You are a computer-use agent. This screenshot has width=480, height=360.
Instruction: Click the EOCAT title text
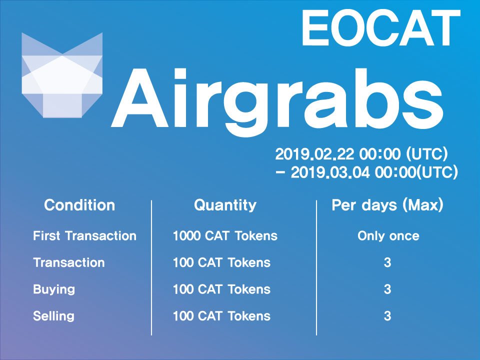381,28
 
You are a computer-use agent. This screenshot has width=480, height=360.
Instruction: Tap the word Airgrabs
277,100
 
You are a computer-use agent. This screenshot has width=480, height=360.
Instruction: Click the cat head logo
62,75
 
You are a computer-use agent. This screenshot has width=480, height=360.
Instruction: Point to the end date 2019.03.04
330,172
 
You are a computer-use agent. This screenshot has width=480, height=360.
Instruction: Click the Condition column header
79,205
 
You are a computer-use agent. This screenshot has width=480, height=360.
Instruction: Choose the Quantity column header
225,205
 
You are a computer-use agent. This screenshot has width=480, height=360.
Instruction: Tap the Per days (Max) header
387,205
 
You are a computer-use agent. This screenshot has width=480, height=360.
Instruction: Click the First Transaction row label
85,235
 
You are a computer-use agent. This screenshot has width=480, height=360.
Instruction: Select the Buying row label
54,289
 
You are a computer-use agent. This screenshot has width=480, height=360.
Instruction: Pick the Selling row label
53,316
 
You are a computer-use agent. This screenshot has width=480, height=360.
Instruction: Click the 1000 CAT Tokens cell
225,235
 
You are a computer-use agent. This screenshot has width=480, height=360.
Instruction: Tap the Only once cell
388,236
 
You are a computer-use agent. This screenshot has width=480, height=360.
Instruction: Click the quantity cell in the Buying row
221,289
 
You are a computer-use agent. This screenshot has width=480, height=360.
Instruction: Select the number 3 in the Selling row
387,316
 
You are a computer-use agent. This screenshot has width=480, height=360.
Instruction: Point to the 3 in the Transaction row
387,262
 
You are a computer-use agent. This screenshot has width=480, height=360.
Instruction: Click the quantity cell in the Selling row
221,316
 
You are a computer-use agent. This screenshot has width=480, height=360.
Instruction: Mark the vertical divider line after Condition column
151,268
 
